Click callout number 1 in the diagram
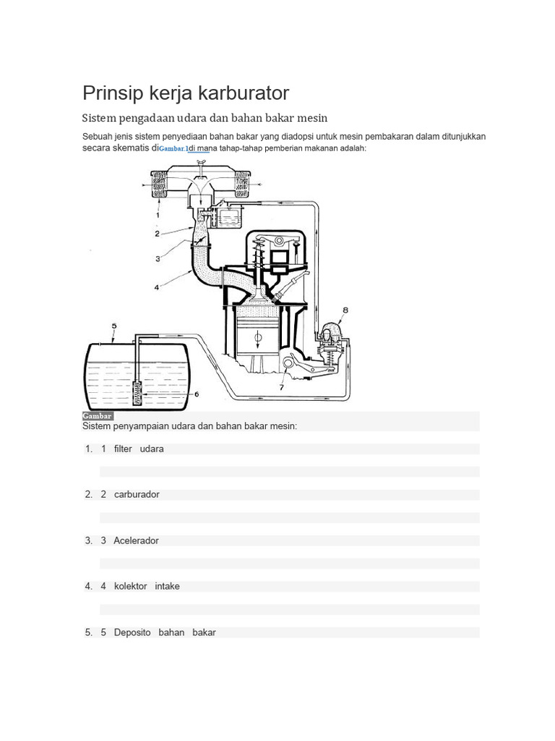tap(157, 215)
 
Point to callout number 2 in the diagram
tap(157, 234)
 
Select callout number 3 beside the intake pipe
tap(157, 258)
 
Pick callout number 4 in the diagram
tap(157, 287)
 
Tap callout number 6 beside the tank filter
tap(196, 394)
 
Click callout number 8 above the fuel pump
tap(345, 310)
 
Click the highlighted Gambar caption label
tap(98, 416)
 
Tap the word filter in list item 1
tap(123, 449)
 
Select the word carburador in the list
tap(137, 495)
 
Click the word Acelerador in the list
tap(136, 541)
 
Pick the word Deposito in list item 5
tap(132, 632)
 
